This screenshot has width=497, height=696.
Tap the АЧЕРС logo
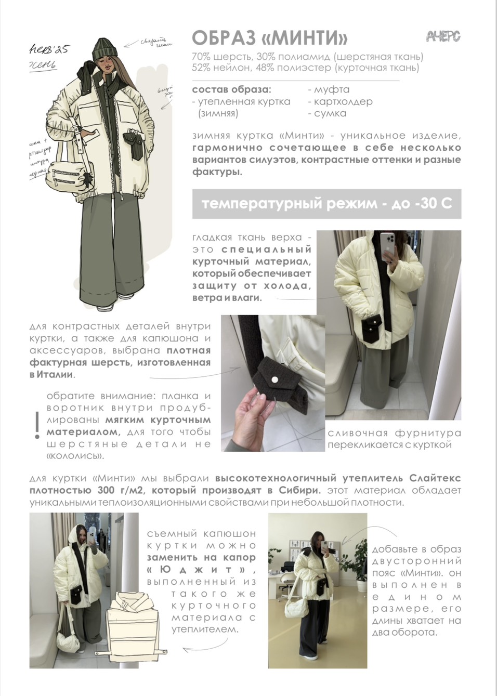[443, 36]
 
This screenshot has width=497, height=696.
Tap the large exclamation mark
[36, 425]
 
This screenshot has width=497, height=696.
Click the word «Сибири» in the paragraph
[297, 490]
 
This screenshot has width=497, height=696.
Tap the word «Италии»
[56, 374]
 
